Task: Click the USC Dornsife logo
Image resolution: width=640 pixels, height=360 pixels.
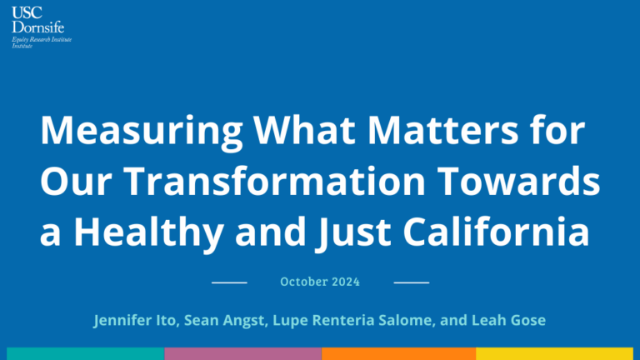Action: (41, 27)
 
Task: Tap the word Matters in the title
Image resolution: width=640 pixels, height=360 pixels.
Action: (442, 130)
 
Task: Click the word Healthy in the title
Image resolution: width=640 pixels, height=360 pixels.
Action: (148, 232)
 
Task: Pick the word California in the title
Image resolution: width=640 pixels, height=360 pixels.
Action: (497, 231)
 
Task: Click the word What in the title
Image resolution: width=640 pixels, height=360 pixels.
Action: (304, 130)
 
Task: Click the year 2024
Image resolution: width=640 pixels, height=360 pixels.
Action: (346, 282)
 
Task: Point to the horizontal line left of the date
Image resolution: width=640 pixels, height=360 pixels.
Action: (229, 282)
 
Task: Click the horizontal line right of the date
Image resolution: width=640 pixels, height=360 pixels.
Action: (412, 282)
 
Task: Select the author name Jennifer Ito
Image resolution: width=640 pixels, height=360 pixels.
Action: (135, 320)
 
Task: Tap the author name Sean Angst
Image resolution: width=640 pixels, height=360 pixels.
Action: (224, 320)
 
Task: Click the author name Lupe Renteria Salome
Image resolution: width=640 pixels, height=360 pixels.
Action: (352, 320)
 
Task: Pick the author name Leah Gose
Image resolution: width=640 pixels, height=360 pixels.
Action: (508, 320)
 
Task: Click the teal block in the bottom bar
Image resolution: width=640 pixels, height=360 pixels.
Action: (86, 354)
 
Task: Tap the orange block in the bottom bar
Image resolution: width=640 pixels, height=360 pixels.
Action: (399, 354)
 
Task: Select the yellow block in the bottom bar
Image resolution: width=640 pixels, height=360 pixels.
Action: (555, 354)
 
